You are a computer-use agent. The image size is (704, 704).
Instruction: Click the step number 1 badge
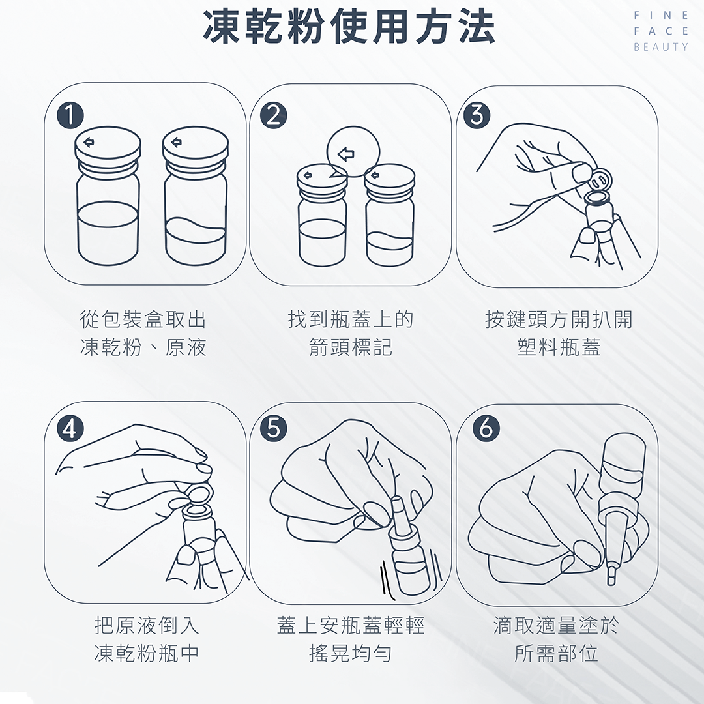(x=70, y=115)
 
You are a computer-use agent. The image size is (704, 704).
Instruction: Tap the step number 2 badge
(x=274, y=116)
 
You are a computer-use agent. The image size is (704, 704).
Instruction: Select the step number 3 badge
(x=477, y=116)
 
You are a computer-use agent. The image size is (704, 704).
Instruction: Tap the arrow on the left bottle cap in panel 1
(x=89, y=142)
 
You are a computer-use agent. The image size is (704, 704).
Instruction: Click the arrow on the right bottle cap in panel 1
(x=177, y=142)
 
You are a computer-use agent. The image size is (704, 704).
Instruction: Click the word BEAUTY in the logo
(x=660, y=47)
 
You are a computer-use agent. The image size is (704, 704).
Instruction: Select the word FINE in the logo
(x=660, y=15)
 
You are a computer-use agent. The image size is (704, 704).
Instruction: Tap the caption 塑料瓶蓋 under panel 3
(x=559, y=347)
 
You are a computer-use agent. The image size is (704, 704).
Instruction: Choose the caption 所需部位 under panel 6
(x=556, y=653)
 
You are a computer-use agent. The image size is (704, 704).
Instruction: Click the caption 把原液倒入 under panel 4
(x=147, y=625)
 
